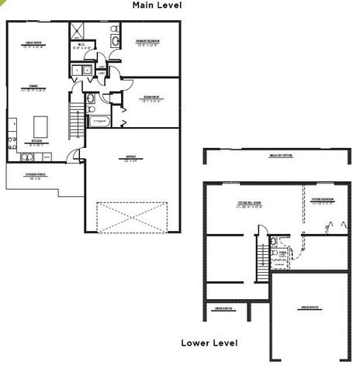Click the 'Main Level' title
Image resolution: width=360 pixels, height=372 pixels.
coord(157,5)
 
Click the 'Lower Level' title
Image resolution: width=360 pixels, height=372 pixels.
coord(209,342)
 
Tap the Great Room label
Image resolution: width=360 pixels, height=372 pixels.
coord(33,44)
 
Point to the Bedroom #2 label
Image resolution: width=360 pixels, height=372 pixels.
coord(151,98)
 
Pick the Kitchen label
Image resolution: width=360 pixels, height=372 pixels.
coord(35,142)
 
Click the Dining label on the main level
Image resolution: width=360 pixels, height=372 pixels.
coord(33,88)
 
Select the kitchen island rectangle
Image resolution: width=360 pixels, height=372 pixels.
coord(41,126)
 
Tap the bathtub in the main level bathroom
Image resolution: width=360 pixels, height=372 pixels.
coord(101,122)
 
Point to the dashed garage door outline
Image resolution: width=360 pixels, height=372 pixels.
coord(132,216)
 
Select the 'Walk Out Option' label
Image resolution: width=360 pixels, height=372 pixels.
coord(279,156)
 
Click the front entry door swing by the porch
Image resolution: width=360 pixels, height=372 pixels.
coord(73,156)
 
